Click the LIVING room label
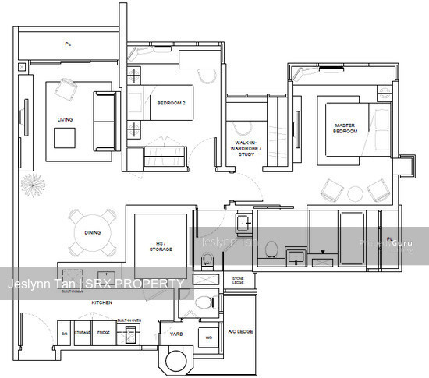65,119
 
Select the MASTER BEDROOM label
346,128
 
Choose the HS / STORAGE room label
161,246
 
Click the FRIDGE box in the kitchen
104,332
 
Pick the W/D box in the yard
208,337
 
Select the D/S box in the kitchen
64,332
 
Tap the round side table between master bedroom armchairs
356,192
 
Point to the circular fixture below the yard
177,361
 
